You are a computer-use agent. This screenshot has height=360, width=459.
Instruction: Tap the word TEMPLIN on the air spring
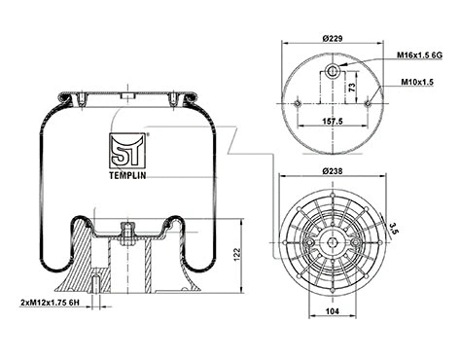pos(127,165)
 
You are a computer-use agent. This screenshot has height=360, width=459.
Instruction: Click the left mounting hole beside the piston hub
pos(307,239)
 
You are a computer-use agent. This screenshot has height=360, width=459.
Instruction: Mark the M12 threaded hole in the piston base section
pos(98,285)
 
